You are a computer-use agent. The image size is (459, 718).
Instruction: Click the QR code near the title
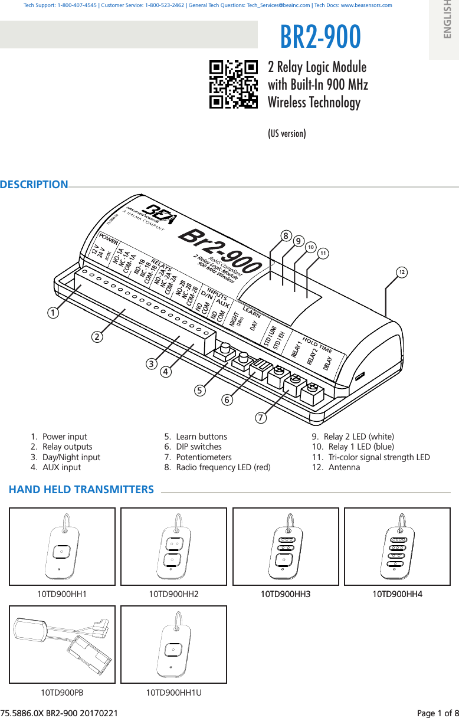(x=234, y=84)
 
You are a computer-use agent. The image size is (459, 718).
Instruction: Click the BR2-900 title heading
(x=320, y=37)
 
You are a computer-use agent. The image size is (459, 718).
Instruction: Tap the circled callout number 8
(x=286, y=236)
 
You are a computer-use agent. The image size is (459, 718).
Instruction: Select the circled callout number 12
(x=401, y=272)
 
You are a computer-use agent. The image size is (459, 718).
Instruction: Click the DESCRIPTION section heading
(x=34, y=185)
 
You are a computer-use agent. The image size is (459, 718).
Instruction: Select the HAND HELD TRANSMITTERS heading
(x=81, y=490)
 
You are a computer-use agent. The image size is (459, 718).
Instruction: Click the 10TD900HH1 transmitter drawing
(x=62, y=546)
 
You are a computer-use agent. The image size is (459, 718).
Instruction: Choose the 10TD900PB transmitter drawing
(x=62, y=644)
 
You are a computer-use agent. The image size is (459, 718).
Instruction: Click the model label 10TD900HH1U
(x=173, y=692)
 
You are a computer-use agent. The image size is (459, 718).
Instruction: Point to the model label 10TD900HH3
(x=286, y=594)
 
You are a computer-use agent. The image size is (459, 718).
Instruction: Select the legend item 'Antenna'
(x=344, y=467)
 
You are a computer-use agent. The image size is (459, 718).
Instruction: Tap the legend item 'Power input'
(x=64, y=437)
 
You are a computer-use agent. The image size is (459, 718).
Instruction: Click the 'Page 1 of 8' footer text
(x=437, y=713)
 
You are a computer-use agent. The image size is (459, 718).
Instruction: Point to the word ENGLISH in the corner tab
(x=447, y=21)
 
